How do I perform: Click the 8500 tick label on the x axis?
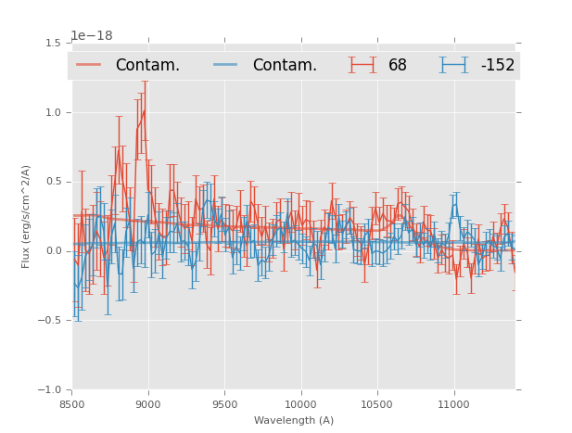(x=71, y=404)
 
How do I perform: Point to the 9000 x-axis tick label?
(x=148, y=404)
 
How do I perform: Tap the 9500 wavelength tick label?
(x=224, y=404)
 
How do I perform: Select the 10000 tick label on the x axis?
(x=301, y=404)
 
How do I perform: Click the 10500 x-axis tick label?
(x=377, y=404)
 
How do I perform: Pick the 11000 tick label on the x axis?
(x=454, y=404)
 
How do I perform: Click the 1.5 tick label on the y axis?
(x=53, y=43)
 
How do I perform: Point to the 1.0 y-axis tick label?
(x=53, y=112)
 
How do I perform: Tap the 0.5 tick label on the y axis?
(x=53, y=182)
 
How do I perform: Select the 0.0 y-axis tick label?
(x=53, y=251)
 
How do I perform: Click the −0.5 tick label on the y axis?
(x=50, y=321)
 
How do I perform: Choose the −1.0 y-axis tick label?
(x=50, y=390)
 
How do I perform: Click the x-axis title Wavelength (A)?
(x=294, y=420)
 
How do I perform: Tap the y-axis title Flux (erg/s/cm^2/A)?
(x=27, y=216)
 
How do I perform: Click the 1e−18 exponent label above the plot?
(x=91, y=36)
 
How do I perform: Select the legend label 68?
(x=398, y=66)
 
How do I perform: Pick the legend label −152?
(x=497, y=66)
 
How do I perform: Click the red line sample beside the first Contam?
(x=89, y=65)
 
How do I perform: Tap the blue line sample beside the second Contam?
(x=226, y=65)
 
